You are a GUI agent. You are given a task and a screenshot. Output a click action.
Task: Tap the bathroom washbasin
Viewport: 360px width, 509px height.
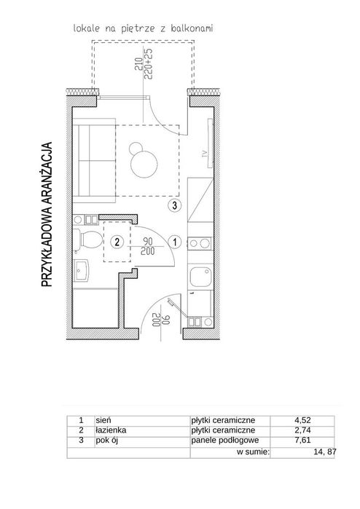point(81,271)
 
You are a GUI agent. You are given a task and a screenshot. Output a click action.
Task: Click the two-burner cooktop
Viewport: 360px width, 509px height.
point(200,242)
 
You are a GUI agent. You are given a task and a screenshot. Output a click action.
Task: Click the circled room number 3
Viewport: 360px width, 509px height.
point(174,205)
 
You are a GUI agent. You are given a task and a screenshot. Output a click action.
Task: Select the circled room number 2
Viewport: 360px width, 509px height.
point(117,242)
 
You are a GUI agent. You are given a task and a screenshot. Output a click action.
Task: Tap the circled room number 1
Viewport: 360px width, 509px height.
point(175,242)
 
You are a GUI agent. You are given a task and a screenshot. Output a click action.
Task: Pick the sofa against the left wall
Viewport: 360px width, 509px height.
point(94,157)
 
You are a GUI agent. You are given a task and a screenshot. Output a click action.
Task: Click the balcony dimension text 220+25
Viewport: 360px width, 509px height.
point(149,65)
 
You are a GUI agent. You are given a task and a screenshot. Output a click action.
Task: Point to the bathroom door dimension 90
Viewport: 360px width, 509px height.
point(147,242)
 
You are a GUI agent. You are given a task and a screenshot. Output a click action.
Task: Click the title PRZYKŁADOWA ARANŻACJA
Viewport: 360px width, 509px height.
point(47,214)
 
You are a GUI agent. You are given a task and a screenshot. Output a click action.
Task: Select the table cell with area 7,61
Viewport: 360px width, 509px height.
point(302,440)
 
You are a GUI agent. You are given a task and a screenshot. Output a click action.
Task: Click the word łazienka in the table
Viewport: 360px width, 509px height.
point(111,430)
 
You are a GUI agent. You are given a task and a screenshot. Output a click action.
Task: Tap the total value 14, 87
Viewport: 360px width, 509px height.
point(324,451)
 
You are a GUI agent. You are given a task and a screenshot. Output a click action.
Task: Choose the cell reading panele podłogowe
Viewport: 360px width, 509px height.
point(225,441)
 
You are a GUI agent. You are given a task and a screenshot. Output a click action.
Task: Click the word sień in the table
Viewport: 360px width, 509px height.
point(103,420)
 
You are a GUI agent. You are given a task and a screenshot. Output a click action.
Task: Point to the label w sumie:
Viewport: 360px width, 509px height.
point(253,451)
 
